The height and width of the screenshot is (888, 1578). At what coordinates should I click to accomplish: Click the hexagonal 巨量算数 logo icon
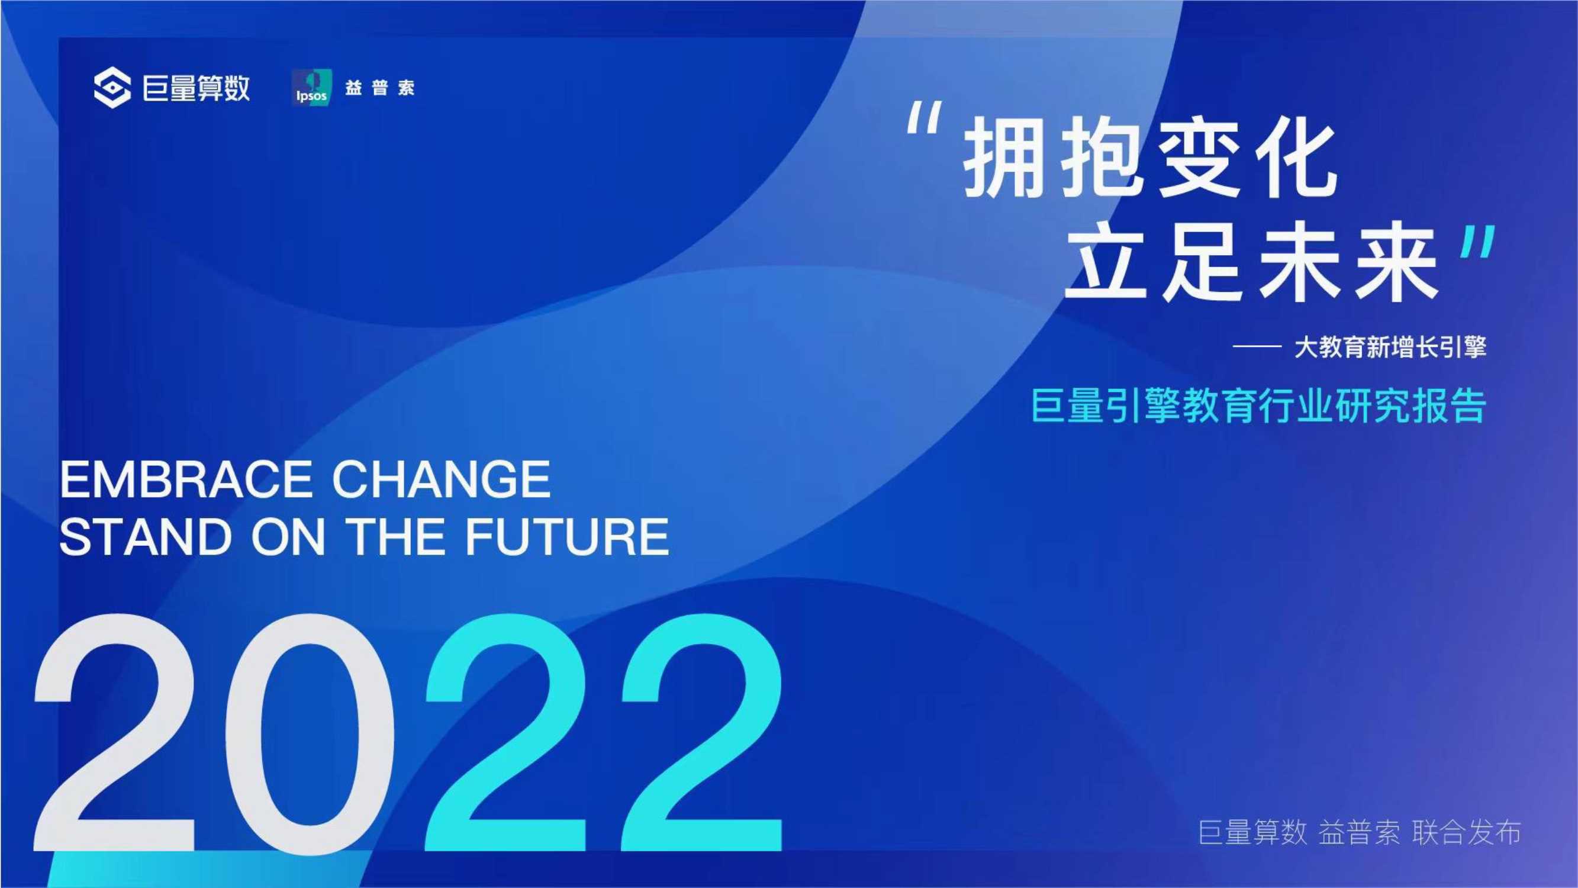click(x=112, y=88)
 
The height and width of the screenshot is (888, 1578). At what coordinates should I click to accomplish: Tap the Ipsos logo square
click(x=312, y=88)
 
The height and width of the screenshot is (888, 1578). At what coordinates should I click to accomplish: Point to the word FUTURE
click(x=567, y=537)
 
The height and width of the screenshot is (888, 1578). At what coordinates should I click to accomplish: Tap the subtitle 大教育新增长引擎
click(x=1390, y=348)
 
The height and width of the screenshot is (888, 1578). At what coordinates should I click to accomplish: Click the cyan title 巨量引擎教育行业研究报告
click(x=1259, y=405)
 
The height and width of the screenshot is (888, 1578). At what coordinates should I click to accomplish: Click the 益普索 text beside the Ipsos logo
click(x=380, y=88)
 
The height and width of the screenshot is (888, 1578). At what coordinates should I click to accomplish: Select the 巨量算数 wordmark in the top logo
click(x=196, y=88)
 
